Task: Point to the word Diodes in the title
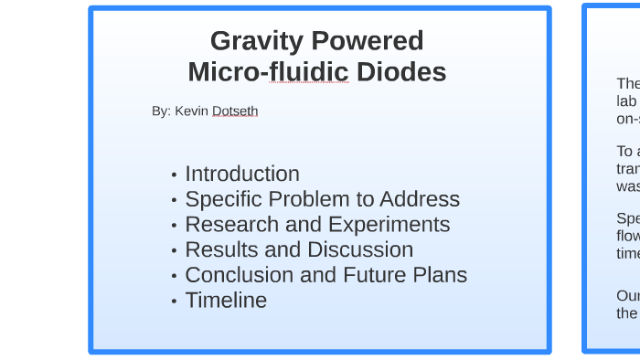pyautogui.click(x=401, y=71)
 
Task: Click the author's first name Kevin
pyautogui.click(x=192, y=111)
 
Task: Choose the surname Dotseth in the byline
pyautogui.click(x=235, y=111)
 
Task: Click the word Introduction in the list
pyautogui.click(x=242, y=174)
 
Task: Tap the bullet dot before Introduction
pyautogui.click(x=174, y=175)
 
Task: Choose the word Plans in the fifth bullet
pyautogui.click(x=440, y=275)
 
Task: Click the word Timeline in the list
pyautogui.click(x=226, y=301)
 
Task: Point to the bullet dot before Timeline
pyautogui.click(x=174, y=302)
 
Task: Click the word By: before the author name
pyautogui.click(x=162, y=111)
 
